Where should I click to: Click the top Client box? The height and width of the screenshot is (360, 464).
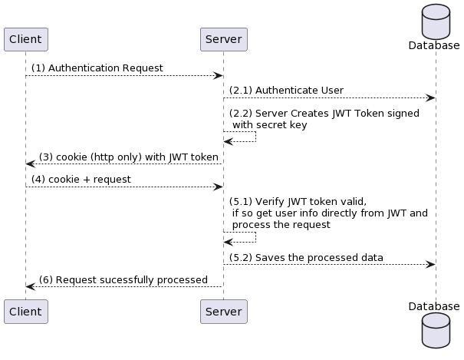(26, 39)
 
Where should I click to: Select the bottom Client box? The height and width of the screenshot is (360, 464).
(26, 312)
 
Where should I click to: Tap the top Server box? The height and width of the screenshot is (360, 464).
(224, 39)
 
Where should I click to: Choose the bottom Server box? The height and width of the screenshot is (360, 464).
(224, 312)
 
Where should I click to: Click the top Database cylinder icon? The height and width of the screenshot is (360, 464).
(436, 21)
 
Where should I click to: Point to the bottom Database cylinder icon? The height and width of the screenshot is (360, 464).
(436, 330)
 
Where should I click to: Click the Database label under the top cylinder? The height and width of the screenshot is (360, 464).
(434, 45)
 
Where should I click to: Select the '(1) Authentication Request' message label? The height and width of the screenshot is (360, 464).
(97, 68)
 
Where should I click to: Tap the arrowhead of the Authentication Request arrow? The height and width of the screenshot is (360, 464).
(218, 76)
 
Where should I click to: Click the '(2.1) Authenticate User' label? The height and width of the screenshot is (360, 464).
(286, 91)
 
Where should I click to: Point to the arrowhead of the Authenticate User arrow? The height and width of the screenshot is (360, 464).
(430, 98)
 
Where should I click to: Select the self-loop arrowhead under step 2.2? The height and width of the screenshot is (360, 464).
(229, 142)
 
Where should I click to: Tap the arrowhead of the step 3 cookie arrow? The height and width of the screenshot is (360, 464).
(31, 163)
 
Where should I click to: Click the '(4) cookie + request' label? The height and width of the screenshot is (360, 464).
(81, 180)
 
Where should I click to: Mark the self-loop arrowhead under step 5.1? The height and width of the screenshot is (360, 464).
(229, 243)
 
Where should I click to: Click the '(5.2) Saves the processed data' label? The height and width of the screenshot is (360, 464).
(306, 258)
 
